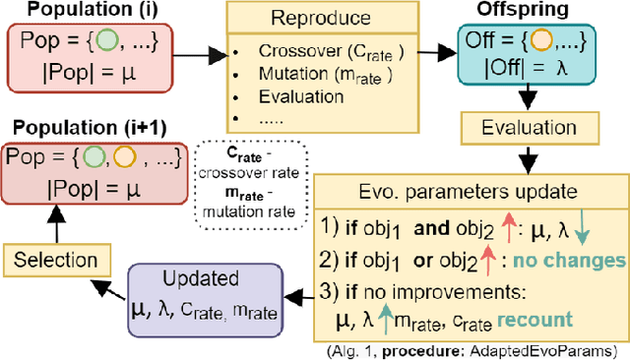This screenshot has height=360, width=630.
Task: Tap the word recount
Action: [547, 319]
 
